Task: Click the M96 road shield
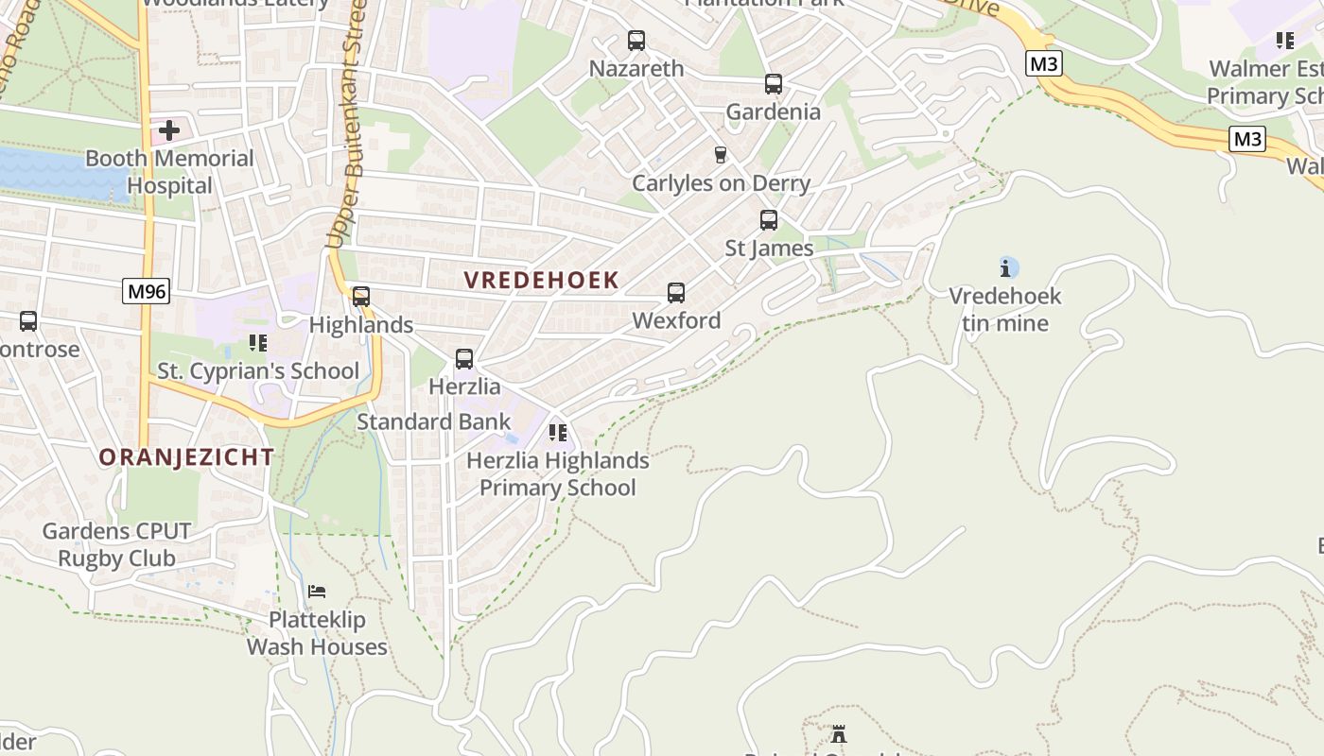click(147, 291)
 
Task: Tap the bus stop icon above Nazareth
click(636, 41)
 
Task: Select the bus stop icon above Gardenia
click(774, 84)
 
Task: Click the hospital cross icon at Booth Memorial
click(169, 129)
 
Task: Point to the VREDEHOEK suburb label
click(541, 280)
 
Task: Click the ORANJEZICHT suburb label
click(186, 457)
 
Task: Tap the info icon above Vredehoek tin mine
click(1008, 267)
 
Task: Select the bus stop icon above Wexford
click(676, 293)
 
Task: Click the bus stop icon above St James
click(769, 220)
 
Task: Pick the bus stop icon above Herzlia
click(464, 359)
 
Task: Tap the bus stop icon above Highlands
click(361, 297)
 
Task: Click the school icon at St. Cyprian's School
click(257, 342)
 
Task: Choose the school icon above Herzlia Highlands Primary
click(558, 433)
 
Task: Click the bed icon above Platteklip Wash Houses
click(317, 592)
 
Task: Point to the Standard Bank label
click(433, 421)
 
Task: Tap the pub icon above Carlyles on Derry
click(721, 155)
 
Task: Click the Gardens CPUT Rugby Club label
click(116, 544)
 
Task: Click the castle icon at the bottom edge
click(838, 733)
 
